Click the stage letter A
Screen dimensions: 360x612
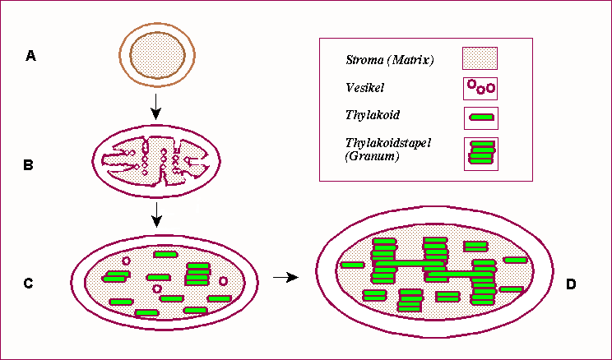tap(30, 56)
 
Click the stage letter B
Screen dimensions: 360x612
tap(28, 164)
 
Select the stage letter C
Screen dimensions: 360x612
tap(28, 284)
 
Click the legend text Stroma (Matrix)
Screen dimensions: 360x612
tap(390, 60)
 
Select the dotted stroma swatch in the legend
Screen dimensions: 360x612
tap(480, 58)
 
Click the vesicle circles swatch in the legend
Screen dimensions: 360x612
tap(480, 85)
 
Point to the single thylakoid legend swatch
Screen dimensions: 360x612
tap(480, 117)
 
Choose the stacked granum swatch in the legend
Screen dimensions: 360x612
tap(480, 153)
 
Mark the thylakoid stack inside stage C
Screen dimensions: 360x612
tap(197, 274)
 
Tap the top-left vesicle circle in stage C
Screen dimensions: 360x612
tap(126, 261)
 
